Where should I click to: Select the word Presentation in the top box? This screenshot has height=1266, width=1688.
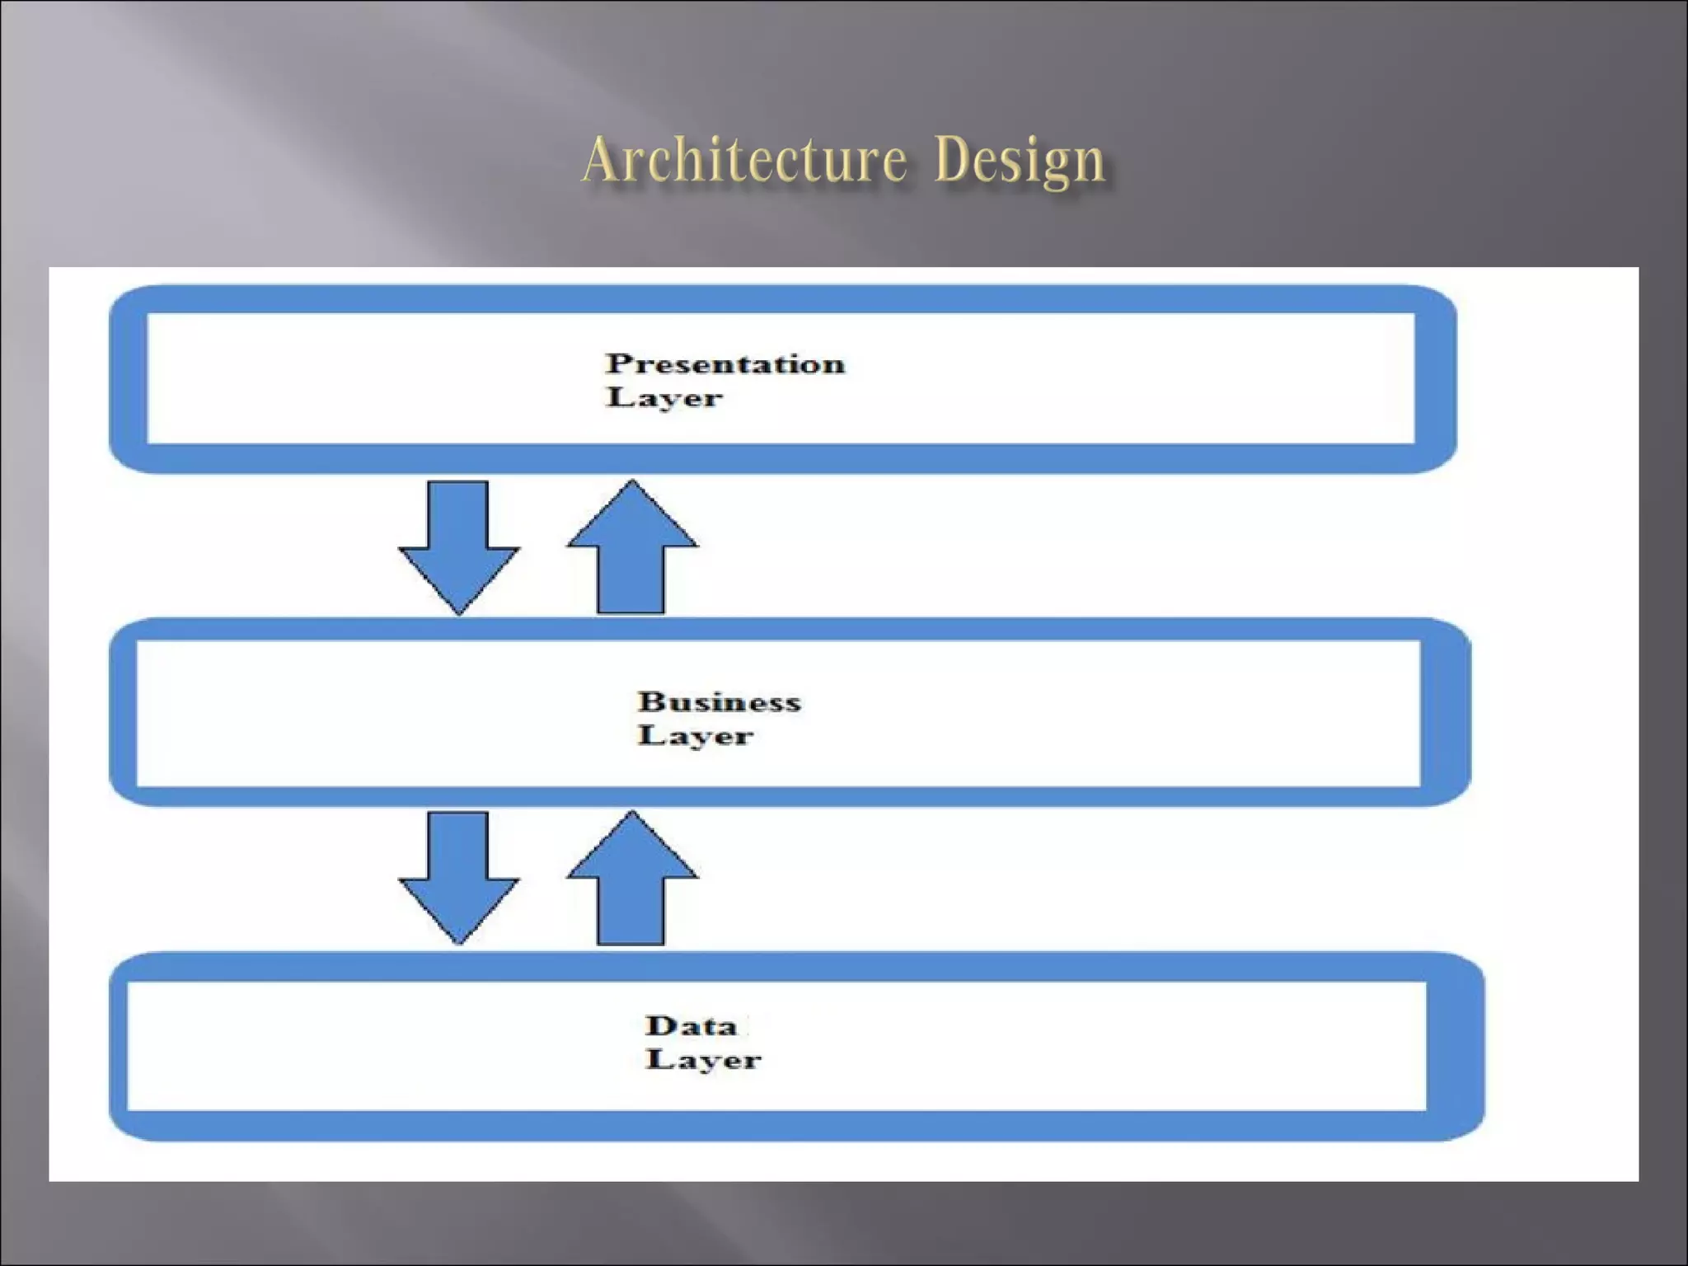(x=725, y=363)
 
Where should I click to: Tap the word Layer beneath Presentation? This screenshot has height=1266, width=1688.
(x=664, y=397)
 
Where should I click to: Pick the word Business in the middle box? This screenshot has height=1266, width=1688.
(x=719, y=701)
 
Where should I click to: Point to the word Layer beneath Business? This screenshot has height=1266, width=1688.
(x=696, y=735)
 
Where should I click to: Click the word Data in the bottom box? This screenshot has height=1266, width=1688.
(x=691, y=1025)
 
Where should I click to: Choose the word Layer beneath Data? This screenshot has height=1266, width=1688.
(x=703, y=1059)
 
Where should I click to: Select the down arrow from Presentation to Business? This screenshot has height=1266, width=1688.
(x=459, y=544)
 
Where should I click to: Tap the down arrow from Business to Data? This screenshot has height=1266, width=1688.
(x=459, y=874)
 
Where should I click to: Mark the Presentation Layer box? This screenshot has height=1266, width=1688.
(x=1071, y=379)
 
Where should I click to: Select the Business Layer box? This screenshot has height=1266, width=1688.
(x=1071, y=713)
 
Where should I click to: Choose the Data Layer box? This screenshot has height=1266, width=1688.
(x=1071, y=1047)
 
